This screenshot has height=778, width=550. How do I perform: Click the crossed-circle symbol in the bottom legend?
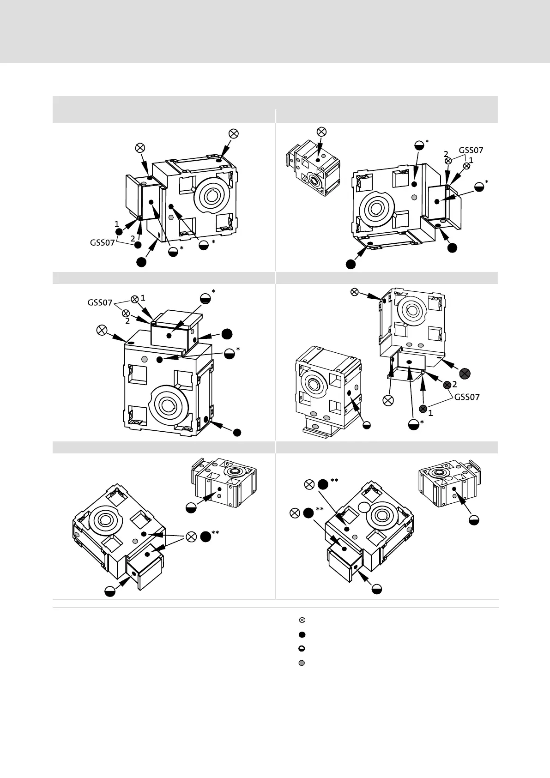pos(302,620)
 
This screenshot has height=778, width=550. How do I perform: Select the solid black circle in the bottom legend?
pos(302,634)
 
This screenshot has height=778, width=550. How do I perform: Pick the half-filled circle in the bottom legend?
pos(302,649)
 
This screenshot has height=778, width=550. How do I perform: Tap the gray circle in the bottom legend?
pos(302,663)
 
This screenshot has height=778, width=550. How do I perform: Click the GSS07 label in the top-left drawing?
pos(102,242)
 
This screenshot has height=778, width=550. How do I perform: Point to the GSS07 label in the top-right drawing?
pos(471,150)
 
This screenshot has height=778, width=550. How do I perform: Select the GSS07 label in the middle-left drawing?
pos(100,303)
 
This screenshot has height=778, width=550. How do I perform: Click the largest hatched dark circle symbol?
pos(465,373)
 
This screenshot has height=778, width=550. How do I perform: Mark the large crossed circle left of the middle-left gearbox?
pos(102,330)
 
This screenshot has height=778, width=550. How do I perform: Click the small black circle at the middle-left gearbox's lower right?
pos(237,433)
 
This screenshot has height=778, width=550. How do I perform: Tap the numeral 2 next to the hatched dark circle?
pos(454,384)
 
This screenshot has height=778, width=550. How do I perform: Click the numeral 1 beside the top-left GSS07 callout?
pos(117,224)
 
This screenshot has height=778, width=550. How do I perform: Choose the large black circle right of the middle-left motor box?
pos(226,334)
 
